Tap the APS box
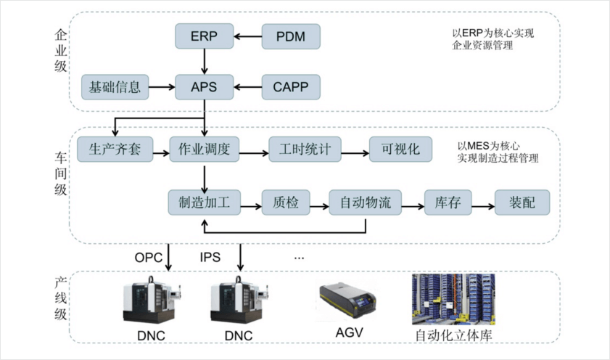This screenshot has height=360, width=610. [204, 88]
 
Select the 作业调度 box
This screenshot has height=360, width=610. [204, 150]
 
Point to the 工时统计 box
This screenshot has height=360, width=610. [305, 150]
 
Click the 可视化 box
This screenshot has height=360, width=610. [400, 150]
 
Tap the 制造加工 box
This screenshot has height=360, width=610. [204, 202]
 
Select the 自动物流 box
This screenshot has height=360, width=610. [365, 202]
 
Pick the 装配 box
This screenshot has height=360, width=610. [522, 202]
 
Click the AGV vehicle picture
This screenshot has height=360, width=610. [348, 303]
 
